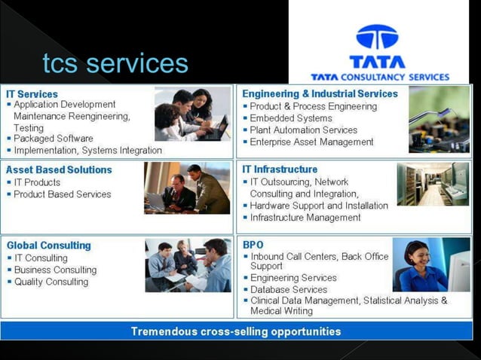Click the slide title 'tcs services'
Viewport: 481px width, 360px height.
115,63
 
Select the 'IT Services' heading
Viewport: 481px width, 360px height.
32,94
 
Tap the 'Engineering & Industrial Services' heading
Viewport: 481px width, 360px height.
320,94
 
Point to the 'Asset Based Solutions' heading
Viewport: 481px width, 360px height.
59,170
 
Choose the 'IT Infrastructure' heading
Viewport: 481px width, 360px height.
280,169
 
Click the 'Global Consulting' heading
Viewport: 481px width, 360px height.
48,246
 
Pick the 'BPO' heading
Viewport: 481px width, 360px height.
253,246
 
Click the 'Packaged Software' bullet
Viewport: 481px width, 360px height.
54,139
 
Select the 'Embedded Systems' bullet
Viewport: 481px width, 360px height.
291,118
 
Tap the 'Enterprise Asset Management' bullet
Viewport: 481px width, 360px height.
311,142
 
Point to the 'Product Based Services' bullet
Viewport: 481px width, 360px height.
63,194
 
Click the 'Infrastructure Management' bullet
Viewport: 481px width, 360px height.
305,218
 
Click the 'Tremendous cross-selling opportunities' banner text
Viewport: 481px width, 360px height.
236,331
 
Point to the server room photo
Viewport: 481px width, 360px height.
433,185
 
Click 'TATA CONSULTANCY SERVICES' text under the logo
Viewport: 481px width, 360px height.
380,77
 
